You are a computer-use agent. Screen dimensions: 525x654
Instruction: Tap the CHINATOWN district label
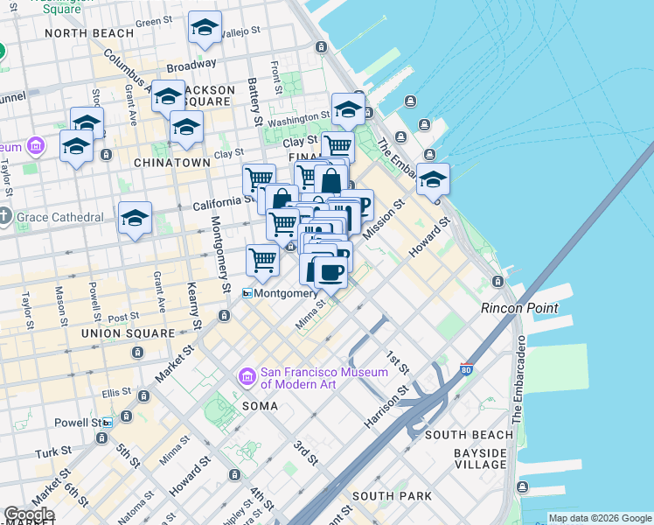click(x=171, y=163)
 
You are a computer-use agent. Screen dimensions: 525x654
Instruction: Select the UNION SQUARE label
click(x=128, y=333)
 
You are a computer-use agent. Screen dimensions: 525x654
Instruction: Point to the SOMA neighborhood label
click(x=260, y=406)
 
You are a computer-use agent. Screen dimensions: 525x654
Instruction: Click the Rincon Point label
click(x=514, y=308)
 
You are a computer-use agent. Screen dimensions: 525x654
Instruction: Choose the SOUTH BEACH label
click(x=469, y=435)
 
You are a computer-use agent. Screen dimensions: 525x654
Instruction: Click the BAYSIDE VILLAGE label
click(x=480, y=458)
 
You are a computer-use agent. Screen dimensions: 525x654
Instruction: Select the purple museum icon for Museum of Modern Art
click(x=247, y=377)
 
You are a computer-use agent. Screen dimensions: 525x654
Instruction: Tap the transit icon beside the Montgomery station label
click(x=247, y=294)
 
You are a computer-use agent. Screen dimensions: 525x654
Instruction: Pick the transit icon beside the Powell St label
click(x=108, y=423)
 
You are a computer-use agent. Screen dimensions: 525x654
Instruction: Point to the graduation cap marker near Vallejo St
click(x=205, y=29)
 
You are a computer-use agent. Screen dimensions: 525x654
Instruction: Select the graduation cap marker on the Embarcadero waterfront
click(x=433, y=179)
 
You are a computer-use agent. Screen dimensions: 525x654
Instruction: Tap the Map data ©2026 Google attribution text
click(x=600, y=518)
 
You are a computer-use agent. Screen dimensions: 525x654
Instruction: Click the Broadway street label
click(x=191, y=65)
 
